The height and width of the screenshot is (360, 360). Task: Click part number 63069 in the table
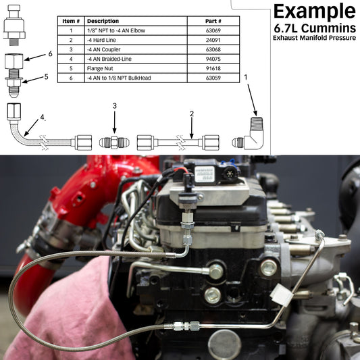tap(213, 30)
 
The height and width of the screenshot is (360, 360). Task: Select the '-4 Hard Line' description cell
tap(136, 40)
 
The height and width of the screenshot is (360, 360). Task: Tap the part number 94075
tap(213, 59)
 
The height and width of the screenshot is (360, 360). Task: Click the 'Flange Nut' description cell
tap(136, 68)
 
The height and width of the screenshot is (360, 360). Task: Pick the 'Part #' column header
tap(213, 21)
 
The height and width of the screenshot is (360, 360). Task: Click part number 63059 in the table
tap(213, 78)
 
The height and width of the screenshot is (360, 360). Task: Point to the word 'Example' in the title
tap(315, 11)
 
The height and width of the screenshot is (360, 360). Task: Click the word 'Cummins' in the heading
tap(328, 28)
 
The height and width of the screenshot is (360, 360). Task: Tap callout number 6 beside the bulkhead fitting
tap(50, 54)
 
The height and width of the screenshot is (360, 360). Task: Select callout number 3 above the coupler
tap(115, 106)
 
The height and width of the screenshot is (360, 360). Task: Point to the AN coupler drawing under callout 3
tap(114, 143)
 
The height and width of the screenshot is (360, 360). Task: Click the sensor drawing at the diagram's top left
tap(14, 25)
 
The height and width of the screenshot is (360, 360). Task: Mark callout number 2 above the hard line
tap(192, 113)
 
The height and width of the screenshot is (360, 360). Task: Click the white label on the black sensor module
tap(205, 174)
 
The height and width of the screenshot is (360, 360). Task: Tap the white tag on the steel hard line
tap(282, 294)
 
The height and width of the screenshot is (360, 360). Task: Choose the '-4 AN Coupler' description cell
tap(136, 49)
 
